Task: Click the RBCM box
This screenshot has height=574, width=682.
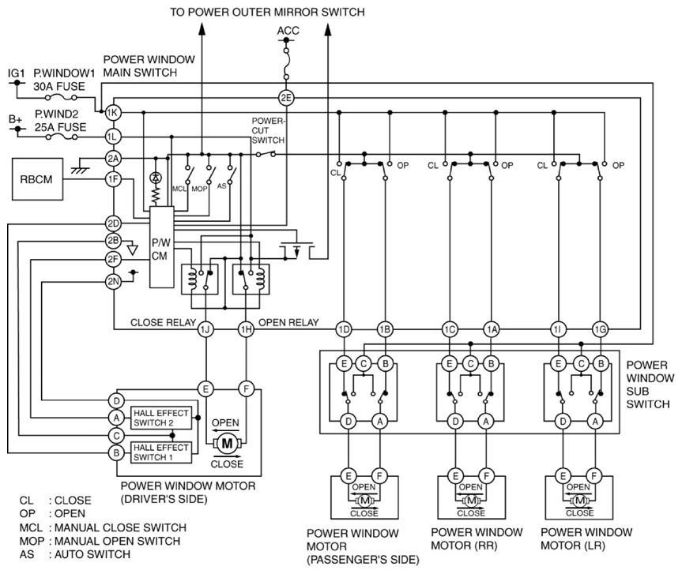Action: point(37,179)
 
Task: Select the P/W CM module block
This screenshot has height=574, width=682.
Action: point(161,247)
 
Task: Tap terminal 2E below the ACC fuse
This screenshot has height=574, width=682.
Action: point(286,98)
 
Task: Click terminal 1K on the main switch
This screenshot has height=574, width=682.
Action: point(113,113)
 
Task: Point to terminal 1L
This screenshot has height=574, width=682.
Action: point(113,137)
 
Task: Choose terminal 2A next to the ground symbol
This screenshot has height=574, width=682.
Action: point(113,158)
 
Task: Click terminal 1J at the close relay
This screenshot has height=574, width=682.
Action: point(205,329)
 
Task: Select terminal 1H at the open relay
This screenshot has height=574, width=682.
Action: point(247,329)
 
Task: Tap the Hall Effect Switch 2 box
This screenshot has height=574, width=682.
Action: point(161,418)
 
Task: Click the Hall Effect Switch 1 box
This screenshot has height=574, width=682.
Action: point(161,452)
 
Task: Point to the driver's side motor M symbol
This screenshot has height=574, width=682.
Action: point(228,443)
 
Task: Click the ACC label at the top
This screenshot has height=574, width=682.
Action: point(288,31)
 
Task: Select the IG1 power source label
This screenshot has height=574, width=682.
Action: point(17,73)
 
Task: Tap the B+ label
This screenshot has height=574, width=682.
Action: point(16,118)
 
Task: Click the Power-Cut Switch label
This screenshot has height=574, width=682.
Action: point(268,130)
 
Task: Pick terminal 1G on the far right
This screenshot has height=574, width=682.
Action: point(600,329)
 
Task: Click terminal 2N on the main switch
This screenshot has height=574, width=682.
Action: point(113,281)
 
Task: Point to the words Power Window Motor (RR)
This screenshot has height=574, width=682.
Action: point(477,538)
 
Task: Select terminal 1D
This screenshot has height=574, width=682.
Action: point(344,329)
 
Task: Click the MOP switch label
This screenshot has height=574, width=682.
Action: point(199,189)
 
